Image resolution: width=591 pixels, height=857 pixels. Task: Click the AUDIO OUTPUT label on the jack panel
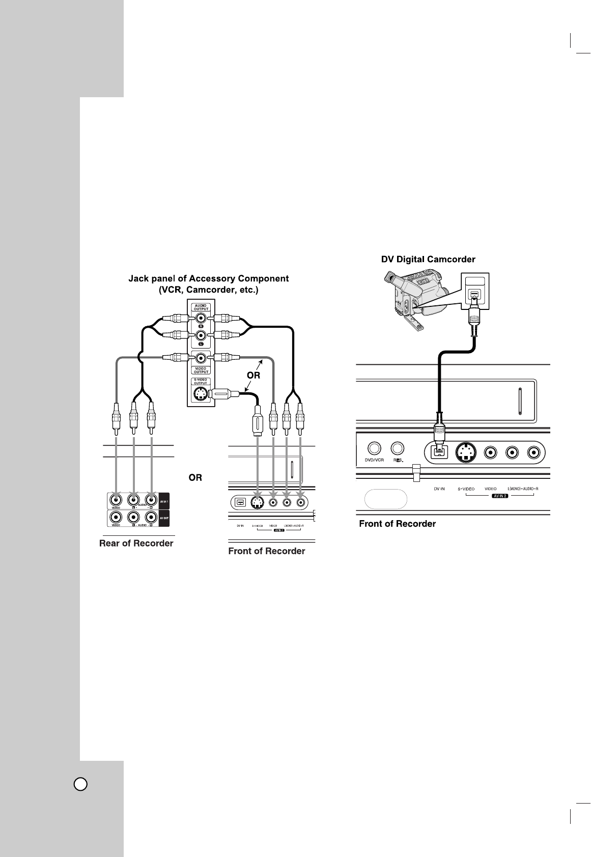point(201,307)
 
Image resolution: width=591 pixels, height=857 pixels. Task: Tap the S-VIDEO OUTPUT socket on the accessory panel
point(201,394)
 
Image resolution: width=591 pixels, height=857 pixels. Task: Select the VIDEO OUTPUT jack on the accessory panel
point(201,357)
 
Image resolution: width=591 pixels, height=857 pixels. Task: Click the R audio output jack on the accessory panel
point(201,319)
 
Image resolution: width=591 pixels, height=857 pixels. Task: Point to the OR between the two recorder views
point(195,478)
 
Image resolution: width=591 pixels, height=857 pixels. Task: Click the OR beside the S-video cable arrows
point(254,375)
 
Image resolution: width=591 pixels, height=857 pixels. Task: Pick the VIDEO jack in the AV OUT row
point(117,518)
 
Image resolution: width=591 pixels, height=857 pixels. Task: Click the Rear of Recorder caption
point(136,544)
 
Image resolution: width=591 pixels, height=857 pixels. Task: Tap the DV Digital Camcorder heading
point(429,260)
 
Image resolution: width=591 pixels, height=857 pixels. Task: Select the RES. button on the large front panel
point(397,448)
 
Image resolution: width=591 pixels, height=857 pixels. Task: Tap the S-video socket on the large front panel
point(464,451)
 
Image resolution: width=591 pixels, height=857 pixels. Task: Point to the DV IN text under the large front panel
point(439,489)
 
